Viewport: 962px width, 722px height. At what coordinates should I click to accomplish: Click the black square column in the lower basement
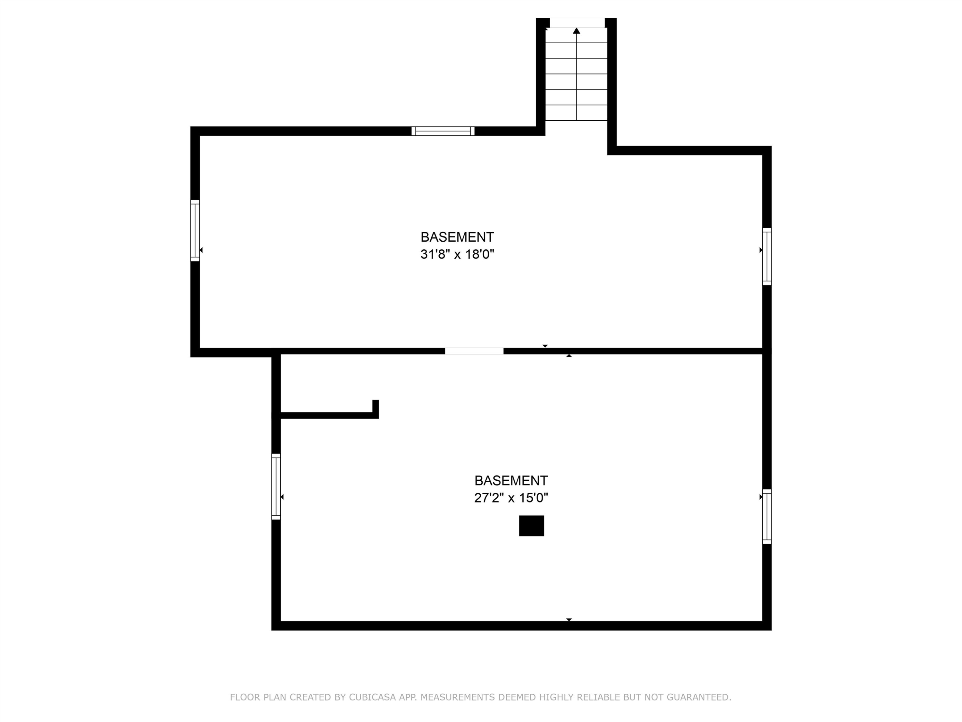[x=531, y=526]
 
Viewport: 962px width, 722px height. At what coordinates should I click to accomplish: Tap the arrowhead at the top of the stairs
[x=577, y=30]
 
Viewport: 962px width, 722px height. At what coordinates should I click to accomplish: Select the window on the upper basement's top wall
[x=443, y=131]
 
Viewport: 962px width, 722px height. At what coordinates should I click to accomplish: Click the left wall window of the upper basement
[x=195, y=231]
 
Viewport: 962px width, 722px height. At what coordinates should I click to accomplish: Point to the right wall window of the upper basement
[x=767, y=256]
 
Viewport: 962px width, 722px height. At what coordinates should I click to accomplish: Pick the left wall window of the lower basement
[x=276, y=486]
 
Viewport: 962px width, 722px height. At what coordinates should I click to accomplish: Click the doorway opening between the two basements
[x=474, y=351]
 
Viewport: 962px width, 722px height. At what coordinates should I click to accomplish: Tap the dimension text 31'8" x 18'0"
[x=457, y=254]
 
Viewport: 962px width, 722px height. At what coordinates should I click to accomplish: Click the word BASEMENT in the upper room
[x=457, y=237]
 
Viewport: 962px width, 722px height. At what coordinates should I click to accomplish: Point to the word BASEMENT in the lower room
[x=511, y=480]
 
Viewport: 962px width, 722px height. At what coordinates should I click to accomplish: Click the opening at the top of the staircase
[x=577, y=23]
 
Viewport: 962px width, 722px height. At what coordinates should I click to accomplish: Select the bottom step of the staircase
[x=576, y=113]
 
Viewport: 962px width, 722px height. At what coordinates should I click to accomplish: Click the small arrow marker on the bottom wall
[x=569, y=620]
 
